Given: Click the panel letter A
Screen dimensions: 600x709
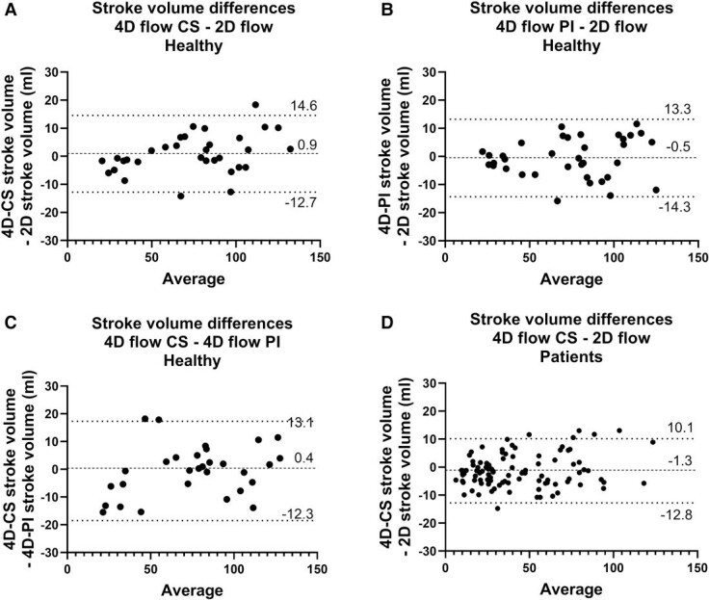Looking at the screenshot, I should pos(9,12).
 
